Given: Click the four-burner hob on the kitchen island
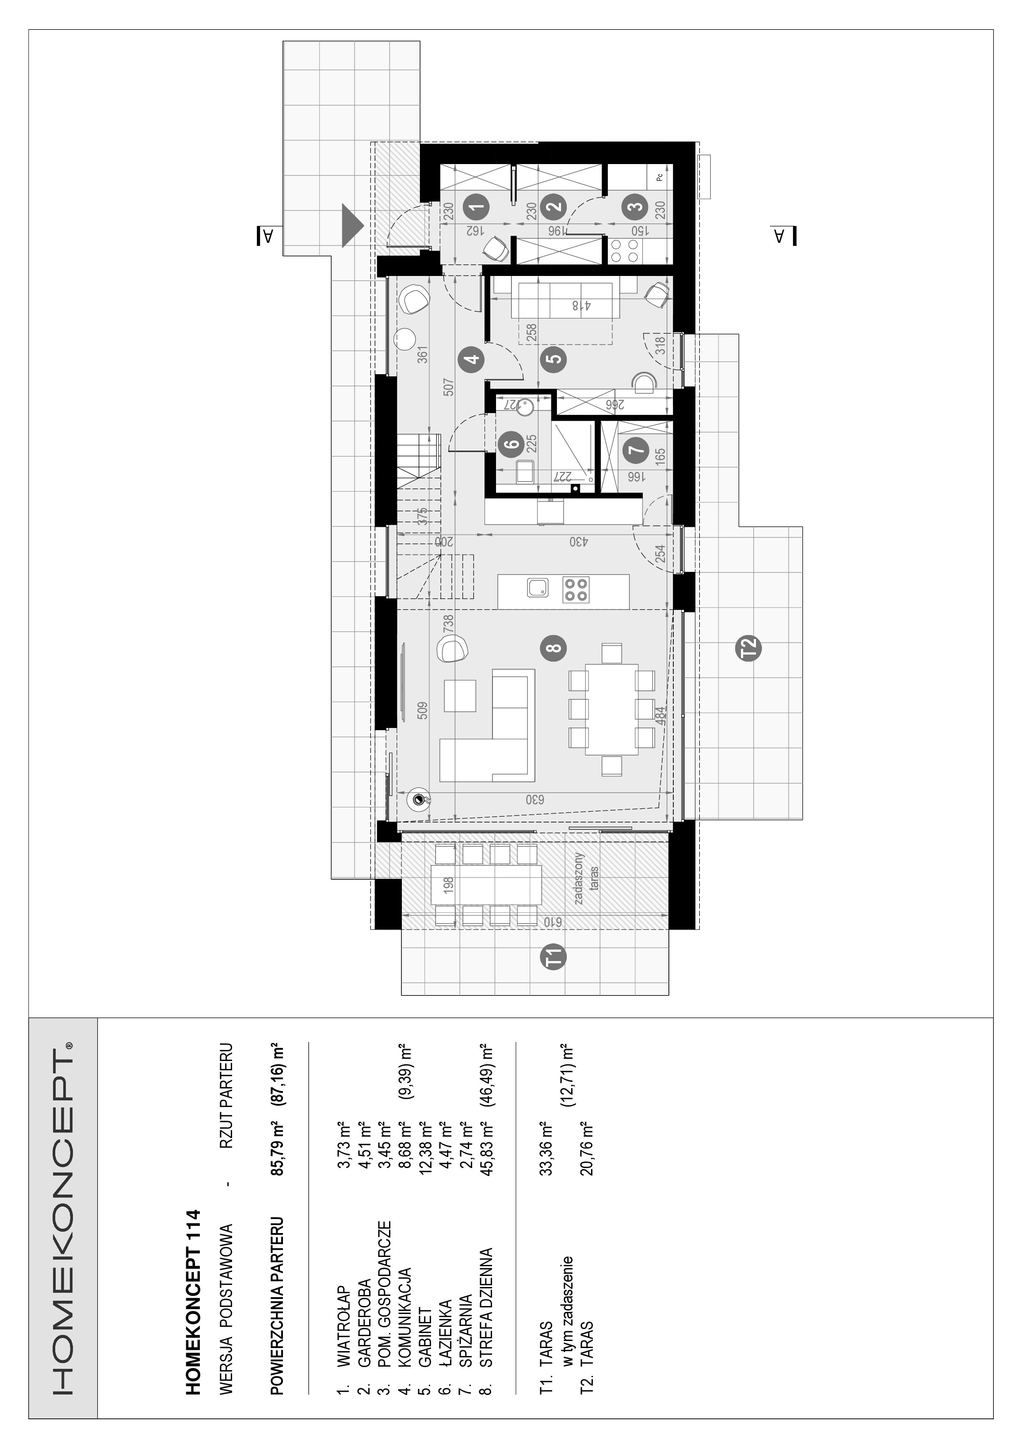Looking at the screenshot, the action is point(576,590).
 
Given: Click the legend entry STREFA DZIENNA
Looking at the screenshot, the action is point(486,1306).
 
